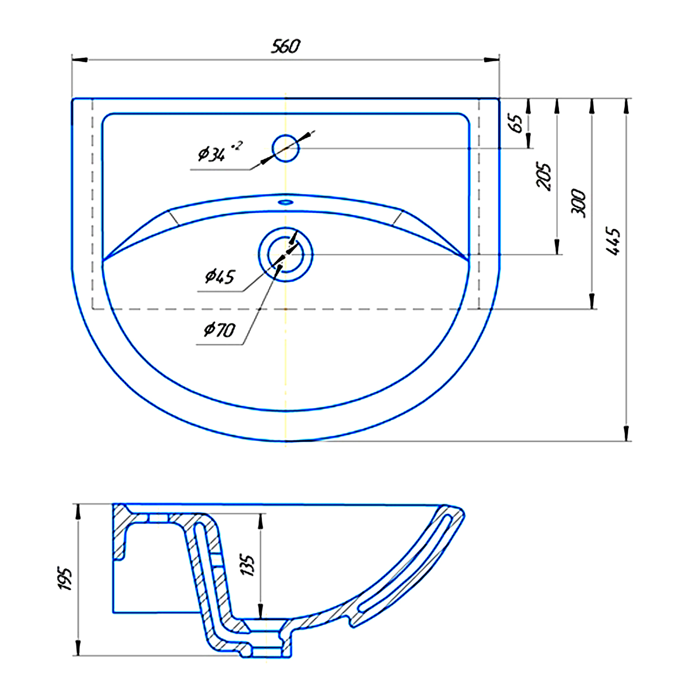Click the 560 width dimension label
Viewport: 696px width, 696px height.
[285, 46]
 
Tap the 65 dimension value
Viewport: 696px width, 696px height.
[516, 122]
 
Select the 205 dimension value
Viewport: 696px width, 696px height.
[544, 176]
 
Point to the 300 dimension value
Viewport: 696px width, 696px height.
[578, 203]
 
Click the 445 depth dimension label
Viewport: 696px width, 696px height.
[613, 241]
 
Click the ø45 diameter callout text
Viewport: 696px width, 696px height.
[220, 277]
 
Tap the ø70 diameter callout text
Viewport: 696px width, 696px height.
[220, 330]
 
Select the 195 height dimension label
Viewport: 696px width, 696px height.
[65, 579]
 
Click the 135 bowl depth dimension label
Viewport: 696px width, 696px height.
[248, 565]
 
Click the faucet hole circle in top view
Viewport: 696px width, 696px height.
[285, 148]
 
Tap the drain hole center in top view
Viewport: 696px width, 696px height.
[285, 254]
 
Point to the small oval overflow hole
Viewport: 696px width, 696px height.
[285, 202]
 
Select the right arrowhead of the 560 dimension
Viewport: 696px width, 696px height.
[491, 60]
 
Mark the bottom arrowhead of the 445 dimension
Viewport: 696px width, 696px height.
[626, 433]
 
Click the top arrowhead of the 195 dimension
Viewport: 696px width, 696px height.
[78, 511]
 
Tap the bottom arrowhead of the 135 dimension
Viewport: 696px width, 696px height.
[261, 611]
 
